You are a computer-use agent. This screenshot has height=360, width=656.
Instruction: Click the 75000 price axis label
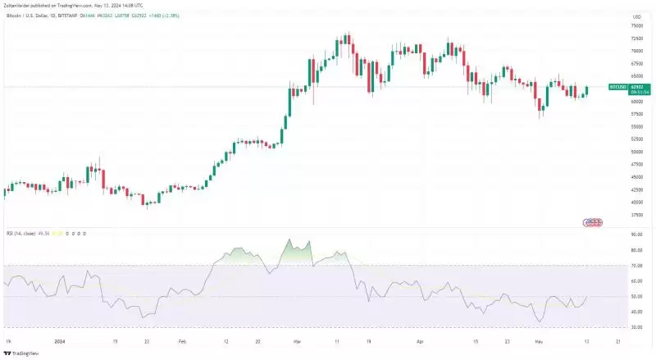coord(635,26)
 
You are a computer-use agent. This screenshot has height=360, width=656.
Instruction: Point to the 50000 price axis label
coord(635,152)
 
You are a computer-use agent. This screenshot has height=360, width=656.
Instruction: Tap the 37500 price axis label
coord(635,215)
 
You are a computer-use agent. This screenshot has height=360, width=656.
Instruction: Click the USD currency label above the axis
coord(635,16)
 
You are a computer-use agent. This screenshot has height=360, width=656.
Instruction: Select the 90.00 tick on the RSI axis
coord(636,234)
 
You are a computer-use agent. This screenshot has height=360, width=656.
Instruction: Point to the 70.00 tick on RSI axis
coord(636,265)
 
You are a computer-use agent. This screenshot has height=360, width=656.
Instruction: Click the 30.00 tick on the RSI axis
coord(636,326)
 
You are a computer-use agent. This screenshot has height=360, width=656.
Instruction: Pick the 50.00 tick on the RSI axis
coord(636,296)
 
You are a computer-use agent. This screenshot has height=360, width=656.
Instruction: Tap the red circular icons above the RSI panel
coord(592,222)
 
